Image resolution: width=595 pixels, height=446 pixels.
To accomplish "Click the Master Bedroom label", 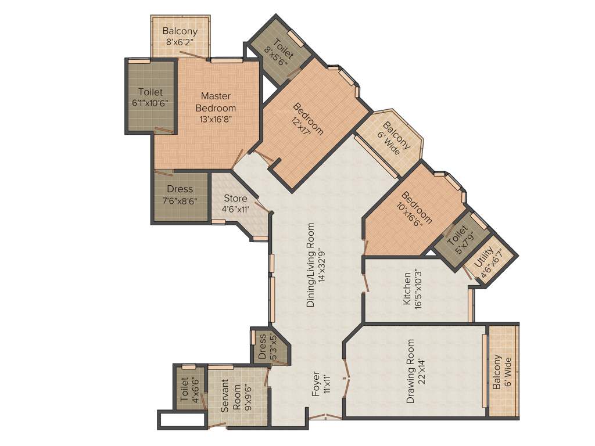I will (216, 102).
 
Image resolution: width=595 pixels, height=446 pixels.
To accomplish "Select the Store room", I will (235, 204).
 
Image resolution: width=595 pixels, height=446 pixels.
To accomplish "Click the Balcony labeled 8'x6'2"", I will (180, 36).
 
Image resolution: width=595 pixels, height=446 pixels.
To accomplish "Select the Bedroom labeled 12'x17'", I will (308, 119).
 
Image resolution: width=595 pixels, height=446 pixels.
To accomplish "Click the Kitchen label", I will (407, 289).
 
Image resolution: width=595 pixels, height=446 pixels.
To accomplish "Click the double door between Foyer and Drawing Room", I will (347, 380).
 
